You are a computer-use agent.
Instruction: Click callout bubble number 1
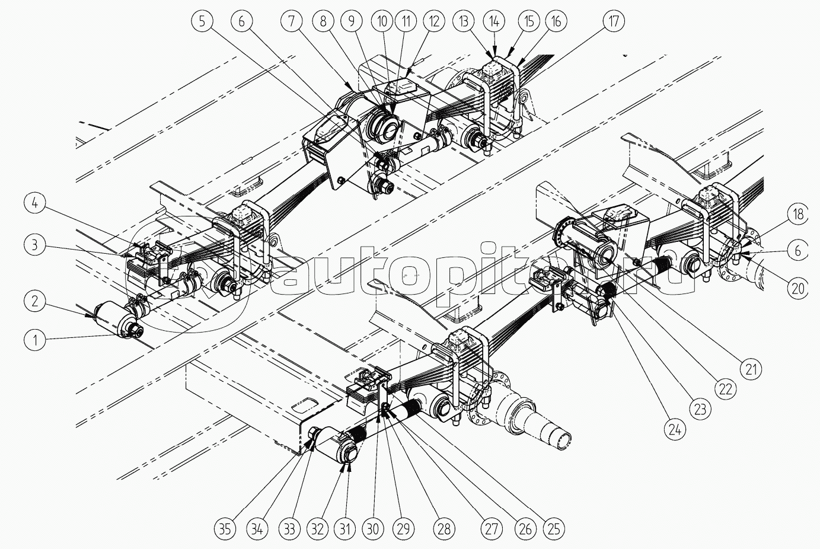click(x=35, y=340)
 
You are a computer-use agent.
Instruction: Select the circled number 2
click(x=35, y=301)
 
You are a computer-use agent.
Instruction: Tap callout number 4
click(x=35, y=204)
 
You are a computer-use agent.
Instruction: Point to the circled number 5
click(x=202, y=21)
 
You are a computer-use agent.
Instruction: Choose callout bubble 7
click(x=292, y=21)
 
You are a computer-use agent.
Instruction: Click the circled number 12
click(x=434, y=21)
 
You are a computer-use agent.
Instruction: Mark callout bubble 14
click(x=494, y=21)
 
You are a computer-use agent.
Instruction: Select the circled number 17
click(x=613, y=21)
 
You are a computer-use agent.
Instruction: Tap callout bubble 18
click(x=798, y=214)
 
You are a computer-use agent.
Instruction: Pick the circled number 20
click(x=798, y=289)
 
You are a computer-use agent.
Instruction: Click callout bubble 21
click(x=751, y=369)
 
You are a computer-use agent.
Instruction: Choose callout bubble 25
click(x=554, y=529)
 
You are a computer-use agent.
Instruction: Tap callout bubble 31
click(x=345, y=529)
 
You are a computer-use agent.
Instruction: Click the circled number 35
click(x=225, y=529)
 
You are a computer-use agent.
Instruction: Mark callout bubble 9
click(x=352, y=21)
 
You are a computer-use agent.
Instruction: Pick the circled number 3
click(x=35, y=244)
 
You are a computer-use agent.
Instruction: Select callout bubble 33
click(x=289, y=529)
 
